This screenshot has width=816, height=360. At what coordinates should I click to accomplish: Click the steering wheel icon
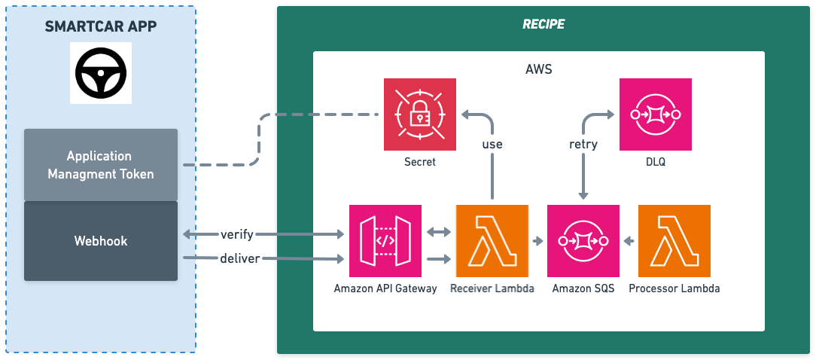click(x=101, y=73)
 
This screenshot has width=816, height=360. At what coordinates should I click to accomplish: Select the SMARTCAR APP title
click(x=101, y=26)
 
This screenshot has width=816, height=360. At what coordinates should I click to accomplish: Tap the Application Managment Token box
click(x=101, y=165)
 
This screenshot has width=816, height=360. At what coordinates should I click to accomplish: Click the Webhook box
click(x=101, y=241)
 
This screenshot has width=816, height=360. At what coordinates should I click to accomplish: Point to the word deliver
click(x=240, y=259)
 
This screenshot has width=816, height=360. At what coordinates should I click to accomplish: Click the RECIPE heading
click(x=543, y=24)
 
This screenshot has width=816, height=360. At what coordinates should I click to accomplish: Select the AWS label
click(x=538, y=69)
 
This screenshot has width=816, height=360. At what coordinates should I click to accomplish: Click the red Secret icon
click(x=420, y=114)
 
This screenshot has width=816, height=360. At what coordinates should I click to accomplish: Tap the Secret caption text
click(x=420, y=161)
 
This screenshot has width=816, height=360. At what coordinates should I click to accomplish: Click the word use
click(x=493, y=144)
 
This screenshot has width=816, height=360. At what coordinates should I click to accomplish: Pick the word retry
click(x=583, y=144)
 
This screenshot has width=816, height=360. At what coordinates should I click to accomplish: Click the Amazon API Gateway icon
click(x=385, y=241)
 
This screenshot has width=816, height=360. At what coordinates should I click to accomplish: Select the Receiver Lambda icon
click(x=492, y=241)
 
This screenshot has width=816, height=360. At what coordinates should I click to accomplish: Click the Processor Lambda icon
click(x=674, y=241)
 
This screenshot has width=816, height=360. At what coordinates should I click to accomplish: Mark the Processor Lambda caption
click(x=674, y=288)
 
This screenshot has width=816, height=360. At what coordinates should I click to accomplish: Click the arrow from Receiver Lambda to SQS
click(x=537, y=241)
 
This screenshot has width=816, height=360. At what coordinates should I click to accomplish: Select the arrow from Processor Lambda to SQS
click(x=629, y=241)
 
